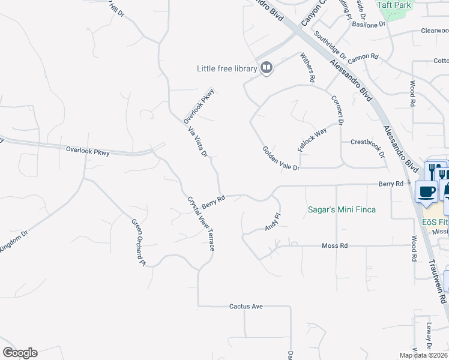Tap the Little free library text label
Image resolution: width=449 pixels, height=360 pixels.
click(x=227, y=69)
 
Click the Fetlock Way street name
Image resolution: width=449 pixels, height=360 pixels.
click(x=313, y=139)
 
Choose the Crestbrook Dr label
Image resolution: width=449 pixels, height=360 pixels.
click(x=368, y=148)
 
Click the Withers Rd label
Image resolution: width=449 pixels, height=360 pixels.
click(x=308, y=67)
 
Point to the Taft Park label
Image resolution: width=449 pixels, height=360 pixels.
click(x=394, y=5)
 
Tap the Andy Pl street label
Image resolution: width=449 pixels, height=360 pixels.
click(x=273, y=221)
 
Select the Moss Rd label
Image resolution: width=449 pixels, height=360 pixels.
click(x=335, y=246)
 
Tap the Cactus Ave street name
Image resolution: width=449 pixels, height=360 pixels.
click(x=246, y=307)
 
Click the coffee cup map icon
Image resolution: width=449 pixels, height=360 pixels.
click(x=426, y=191)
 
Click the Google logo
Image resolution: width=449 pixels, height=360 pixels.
click(x=20, y=353)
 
